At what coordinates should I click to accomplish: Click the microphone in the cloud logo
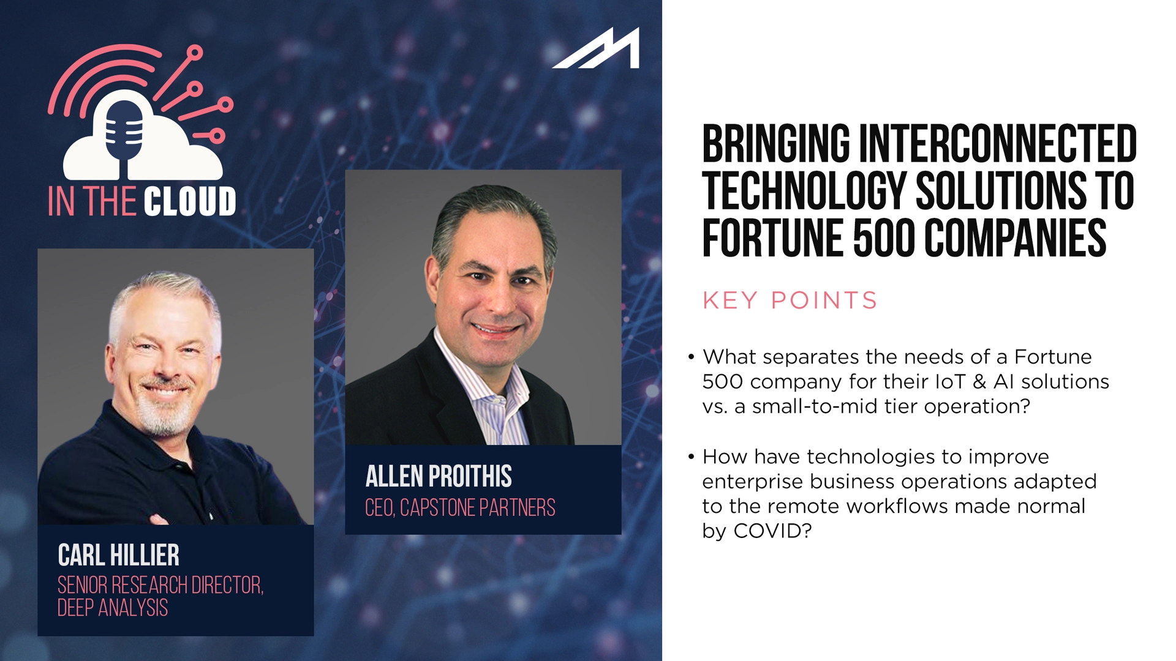coord(125,132)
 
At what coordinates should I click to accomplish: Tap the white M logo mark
coord(598,49)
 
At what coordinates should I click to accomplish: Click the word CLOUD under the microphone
coord(190,201)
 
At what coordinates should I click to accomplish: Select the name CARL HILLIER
coord(118,555)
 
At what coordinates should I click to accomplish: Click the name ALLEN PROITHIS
coord(438,476)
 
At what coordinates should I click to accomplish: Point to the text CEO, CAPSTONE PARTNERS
coord(459,507)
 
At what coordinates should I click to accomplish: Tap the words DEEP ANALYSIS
coord(112,608)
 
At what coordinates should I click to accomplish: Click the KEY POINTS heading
coord(790,301)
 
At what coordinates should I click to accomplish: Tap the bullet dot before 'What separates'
coord(691,357)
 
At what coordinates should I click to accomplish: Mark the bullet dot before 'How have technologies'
coord(691,457)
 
